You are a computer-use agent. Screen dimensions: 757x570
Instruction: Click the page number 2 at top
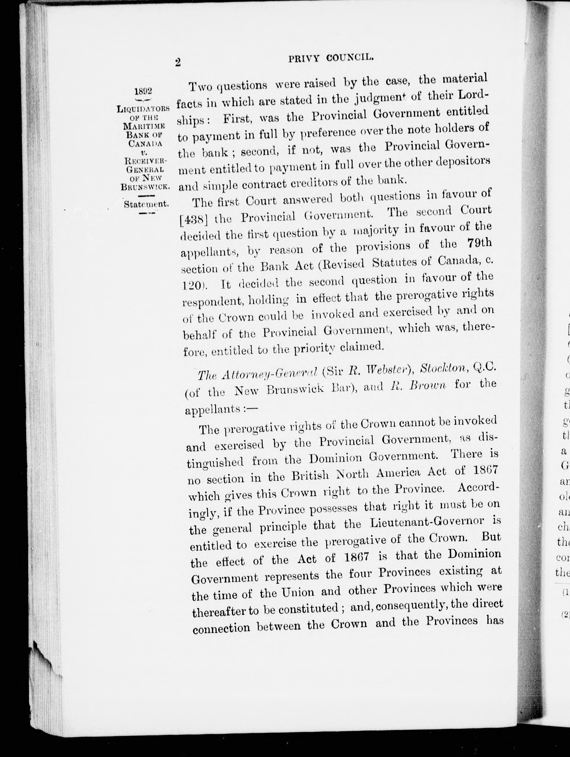(x=177, y=63)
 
